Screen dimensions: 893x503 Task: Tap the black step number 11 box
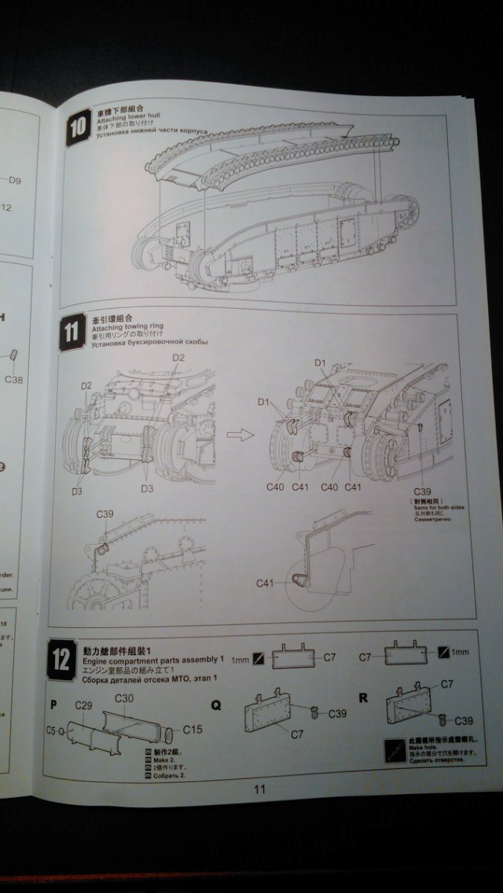[x=72, y=331]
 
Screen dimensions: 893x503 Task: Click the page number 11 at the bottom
[x=260, y=790]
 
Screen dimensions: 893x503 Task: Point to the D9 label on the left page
[x=15, y=181]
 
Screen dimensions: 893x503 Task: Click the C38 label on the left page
[x=14, y=380]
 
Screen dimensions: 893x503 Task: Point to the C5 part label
[x=50, y=730]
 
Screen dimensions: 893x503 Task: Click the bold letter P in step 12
[x=53, y=704]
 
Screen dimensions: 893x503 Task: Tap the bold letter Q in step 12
[x=216, y=705]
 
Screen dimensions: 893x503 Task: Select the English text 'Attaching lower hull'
[x=121, y=127]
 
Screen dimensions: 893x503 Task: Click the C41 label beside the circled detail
[x=266, y=583]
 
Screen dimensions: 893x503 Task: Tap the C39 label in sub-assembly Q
[x=338, y=714]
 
